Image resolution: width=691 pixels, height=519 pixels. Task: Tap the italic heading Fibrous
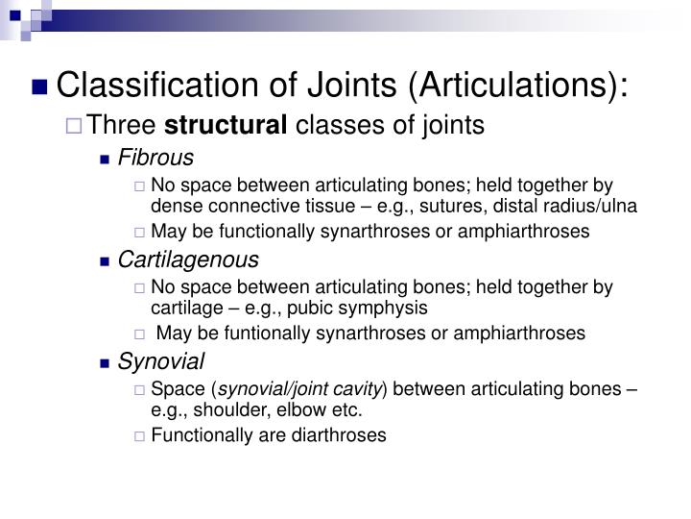(155, 158)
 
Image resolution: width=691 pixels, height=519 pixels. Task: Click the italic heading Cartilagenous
(188, 259)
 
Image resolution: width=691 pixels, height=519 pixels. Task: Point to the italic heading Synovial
(161, 361)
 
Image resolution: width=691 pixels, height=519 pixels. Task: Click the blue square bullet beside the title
(40, 88)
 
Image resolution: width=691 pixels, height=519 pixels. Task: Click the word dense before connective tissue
(173, 206)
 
